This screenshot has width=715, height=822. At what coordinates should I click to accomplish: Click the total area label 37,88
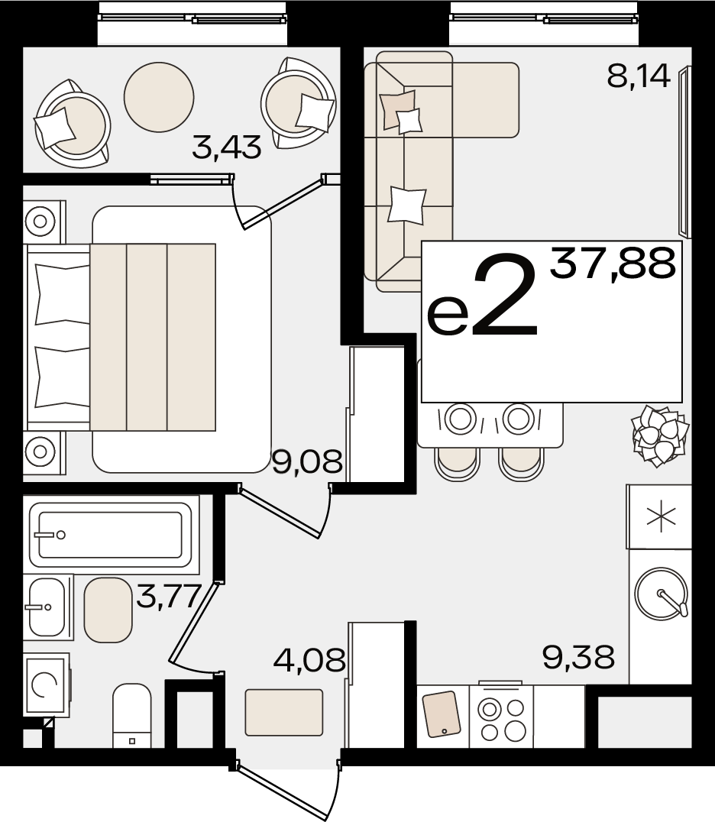click(x=613, y=264)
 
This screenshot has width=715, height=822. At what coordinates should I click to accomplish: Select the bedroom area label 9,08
click(x=307, y=462)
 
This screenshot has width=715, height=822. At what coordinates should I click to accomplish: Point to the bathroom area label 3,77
click(x=169, y=596)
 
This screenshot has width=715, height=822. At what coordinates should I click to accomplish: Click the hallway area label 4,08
click(x=309, y=660)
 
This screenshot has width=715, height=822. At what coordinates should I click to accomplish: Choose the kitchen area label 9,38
click(x=578, y=658)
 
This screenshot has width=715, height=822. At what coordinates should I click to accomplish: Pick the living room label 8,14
click(x=639, y=76)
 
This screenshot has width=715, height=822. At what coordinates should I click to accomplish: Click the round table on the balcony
click(x=159, y=96)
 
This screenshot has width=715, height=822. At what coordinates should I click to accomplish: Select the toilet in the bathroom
click(x=132, y=715)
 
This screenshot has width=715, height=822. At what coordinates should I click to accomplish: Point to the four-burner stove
click(x=502, y=717)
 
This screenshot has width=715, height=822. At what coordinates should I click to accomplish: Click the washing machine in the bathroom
click(x=46, y=684)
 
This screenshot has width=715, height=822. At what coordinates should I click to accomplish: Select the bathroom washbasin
click(x=47, y=607)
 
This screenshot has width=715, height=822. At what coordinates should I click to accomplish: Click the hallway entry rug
click(x=284, y=712)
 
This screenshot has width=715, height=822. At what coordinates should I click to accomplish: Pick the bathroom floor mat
click(x=108, y=610)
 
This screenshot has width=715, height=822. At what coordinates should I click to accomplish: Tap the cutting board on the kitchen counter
click(x=442, y=714)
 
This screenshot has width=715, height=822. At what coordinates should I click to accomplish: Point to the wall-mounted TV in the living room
click(x=684, y=151)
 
